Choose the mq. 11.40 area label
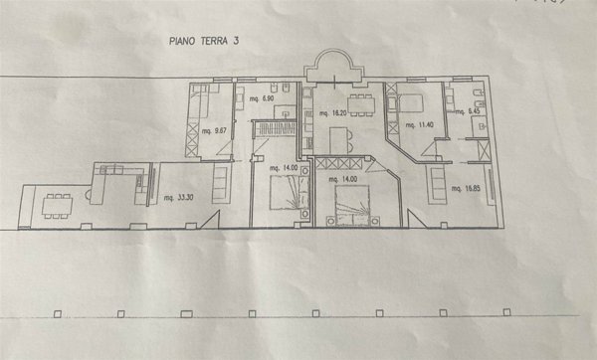tap(421, 124)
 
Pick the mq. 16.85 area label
tap(468, 186)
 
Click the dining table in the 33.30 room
tap(57, 205)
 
